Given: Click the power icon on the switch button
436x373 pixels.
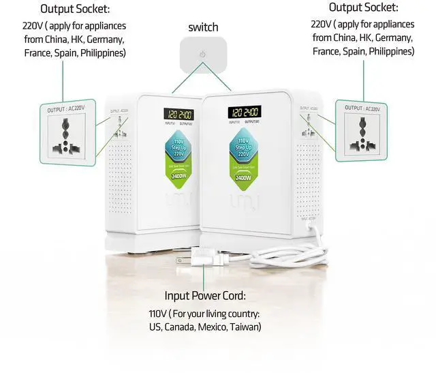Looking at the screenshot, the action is click(x=202, y=54).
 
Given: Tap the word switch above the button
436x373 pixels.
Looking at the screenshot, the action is click(x=203, y=27).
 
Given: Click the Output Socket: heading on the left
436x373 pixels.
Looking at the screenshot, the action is click(x=75, y=10).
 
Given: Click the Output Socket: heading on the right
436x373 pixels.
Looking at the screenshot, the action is click(x=363, y=8).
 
